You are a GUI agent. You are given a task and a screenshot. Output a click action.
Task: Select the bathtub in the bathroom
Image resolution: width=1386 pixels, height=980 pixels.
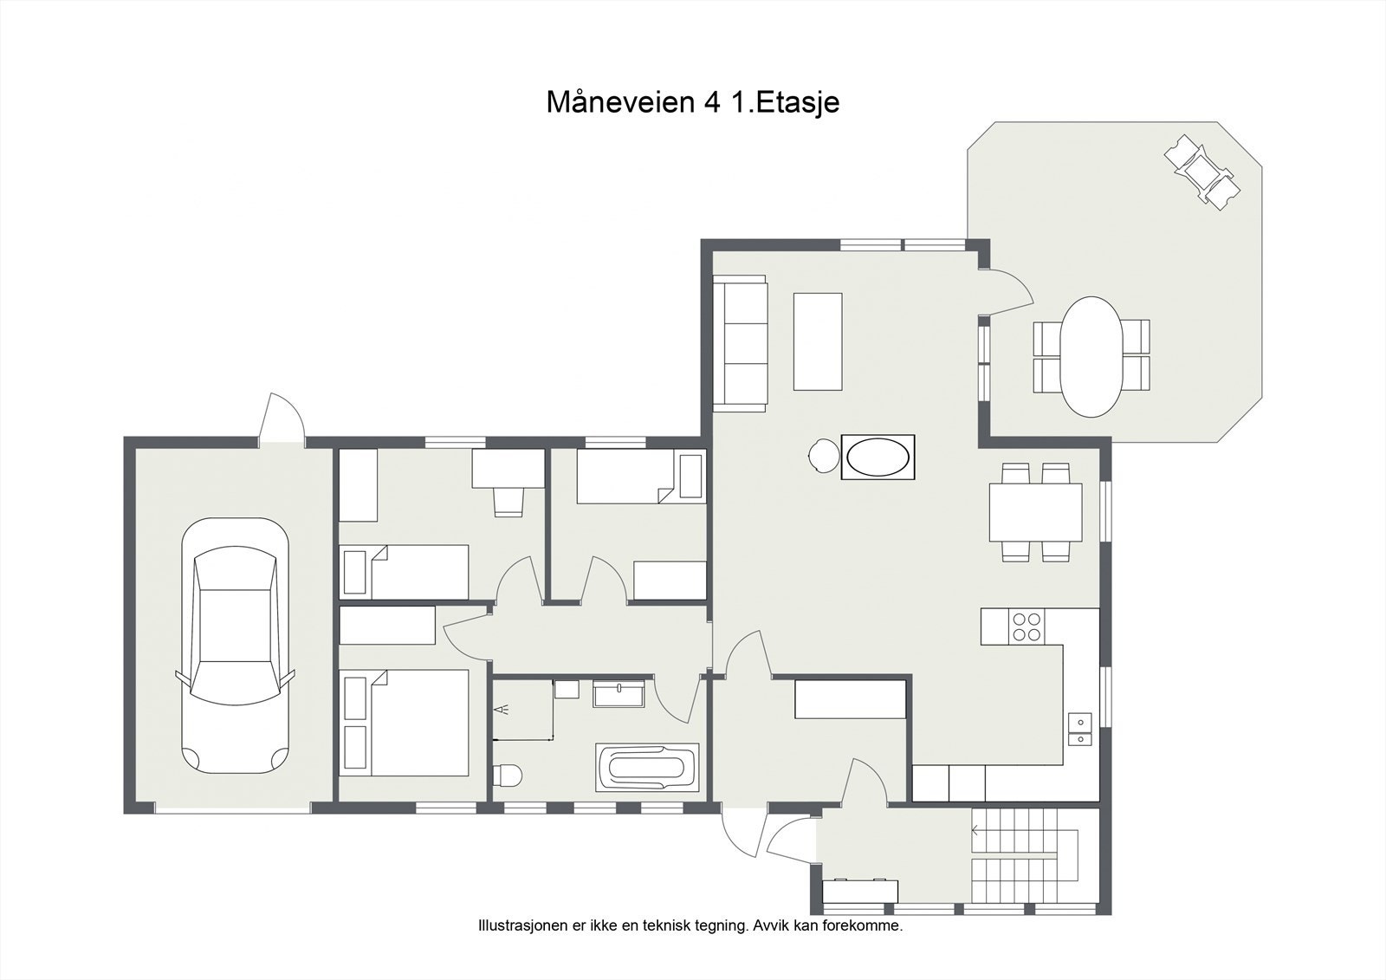(x=647, y=767)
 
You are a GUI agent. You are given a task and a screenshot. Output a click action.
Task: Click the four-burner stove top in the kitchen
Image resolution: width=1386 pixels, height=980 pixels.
(x=1026, y=626)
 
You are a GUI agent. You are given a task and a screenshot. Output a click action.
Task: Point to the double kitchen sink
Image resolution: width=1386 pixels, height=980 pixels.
(x=1079, y=730)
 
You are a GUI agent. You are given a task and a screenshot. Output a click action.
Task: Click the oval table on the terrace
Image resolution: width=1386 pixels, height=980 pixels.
(x=1091, y=357)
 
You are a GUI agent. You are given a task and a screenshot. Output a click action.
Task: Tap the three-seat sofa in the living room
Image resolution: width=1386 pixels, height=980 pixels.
(x=740, y=344)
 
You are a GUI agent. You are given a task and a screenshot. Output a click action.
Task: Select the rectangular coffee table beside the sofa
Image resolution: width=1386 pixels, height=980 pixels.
(x=818, y=341)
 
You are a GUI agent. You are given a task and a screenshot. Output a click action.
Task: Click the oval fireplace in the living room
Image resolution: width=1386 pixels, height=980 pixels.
(x=878, y=458)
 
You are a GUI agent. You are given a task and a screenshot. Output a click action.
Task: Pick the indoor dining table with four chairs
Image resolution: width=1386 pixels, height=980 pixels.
(x=1036, y=512)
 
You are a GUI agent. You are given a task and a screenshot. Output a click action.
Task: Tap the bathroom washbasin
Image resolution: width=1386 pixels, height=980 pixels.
(x=619, y=694)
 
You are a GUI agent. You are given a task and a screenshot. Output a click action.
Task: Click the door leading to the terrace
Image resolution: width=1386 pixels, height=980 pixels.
(x=1006, y=292)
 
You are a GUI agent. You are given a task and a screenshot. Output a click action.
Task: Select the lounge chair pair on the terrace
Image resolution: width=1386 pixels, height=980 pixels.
(x=1203, y=172)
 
